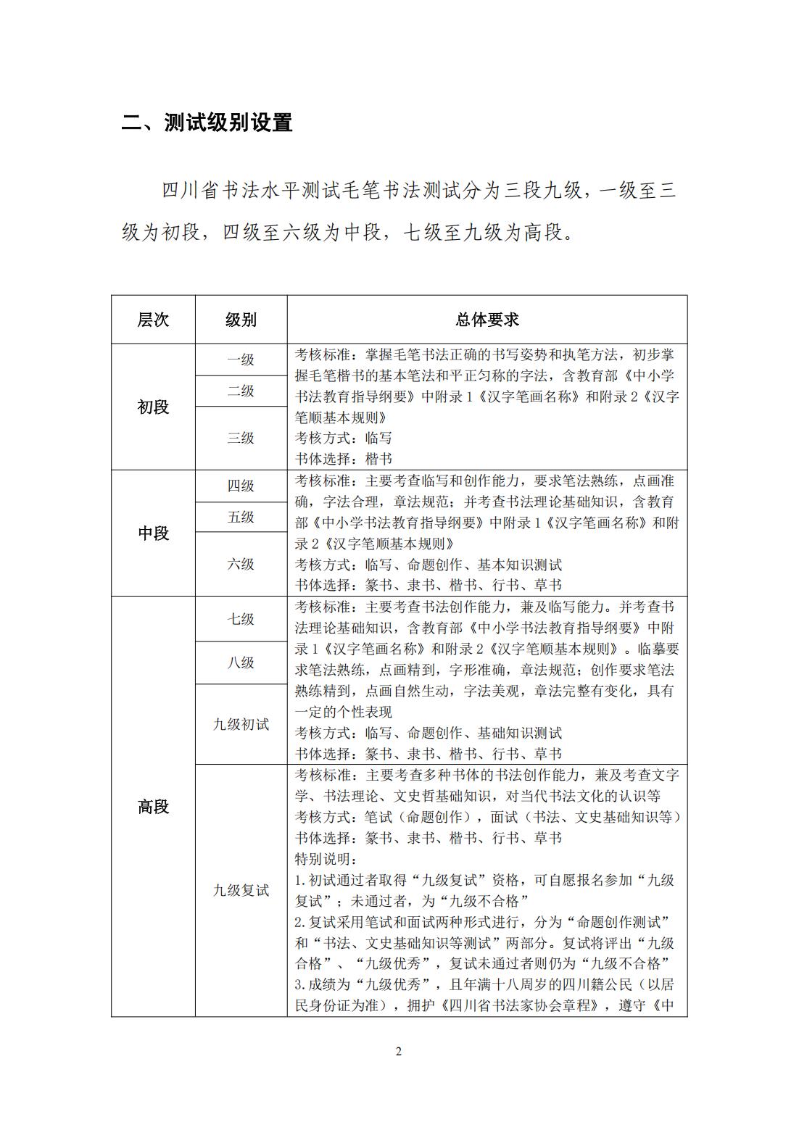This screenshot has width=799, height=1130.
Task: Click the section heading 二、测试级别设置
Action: click(x=207, y=122)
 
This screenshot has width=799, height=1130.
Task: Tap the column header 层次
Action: click(x=153, y=320)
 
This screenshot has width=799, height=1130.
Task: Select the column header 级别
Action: click(x=241, y=320)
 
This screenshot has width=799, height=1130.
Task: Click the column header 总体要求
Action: click(x=487, y=320)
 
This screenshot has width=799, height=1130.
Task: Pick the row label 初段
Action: click(x=153, y=407)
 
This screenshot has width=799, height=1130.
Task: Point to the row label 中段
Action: click(x=153, y=533)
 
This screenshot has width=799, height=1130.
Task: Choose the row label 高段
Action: click(x=153, y=807)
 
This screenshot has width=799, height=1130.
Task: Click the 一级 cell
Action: click(x=241, y=360)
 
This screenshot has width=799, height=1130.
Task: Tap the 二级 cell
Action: click(x=241, y=391)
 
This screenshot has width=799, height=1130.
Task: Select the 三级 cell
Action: click(x=241, y=438)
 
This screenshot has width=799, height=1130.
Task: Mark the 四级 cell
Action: click(x=241, y=486)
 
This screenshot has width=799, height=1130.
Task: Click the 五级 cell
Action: click(x=241, y=517)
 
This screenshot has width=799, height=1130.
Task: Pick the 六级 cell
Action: click(x=241, y=564)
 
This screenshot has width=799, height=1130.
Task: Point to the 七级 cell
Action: click(x=241, y=619)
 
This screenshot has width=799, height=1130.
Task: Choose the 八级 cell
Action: click(x=241, y=662)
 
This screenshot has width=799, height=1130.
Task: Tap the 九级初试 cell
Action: click(x=241, y=724)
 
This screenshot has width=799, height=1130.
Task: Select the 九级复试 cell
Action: click(x=241, y=890)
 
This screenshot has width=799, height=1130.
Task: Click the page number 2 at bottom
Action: click(x=398, y=1052)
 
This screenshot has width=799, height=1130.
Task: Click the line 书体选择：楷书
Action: click(x=344, y=459)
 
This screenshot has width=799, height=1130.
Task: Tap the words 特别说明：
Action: click(x=326, y=859)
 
